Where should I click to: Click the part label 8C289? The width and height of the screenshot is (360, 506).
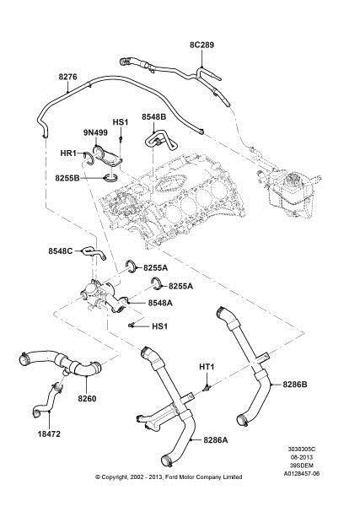pos(201,45)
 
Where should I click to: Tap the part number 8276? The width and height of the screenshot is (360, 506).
pos(67,77)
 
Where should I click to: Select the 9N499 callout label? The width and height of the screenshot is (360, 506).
pos(95,132)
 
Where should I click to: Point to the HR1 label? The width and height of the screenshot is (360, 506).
pos(68,153)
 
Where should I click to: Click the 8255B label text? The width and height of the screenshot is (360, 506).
pos(67,178)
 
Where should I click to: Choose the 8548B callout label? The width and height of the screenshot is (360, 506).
pos(154,117)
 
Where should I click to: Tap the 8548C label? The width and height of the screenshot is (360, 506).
pos(61,250)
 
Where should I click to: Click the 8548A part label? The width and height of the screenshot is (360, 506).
pos(160,303)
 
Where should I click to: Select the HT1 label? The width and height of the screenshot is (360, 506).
pos(207,367)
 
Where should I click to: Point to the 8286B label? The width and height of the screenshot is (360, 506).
pos(295,385)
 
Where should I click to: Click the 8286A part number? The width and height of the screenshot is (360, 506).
pos(216,440)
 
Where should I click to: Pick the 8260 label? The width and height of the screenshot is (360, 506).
pos(87,399)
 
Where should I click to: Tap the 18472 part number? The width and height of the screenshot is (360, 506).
pos(49,434)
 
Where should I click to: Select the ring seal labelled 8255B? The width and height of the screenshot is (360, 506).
pos(110,177)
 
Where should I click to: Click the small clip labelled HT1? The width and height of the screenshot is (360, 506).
pos(206,386)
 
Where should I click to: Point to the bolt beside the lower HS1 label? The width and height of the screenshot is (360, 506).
pos(132,326)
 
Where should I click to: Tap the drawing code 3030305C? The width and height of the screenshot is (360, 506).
pos(302,449)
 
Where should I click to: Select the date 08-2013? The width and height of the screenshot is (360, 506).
pos(302,457)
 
